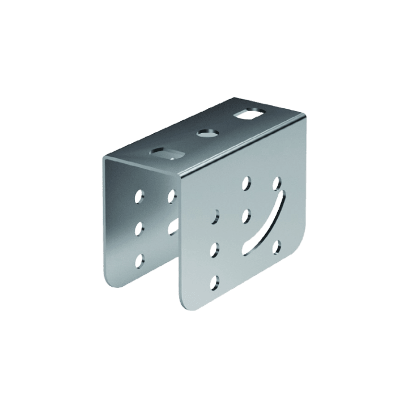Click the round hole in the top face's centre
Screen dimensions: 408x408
click(207, 134)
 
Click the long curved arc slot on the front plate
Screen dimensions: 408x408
click(267, 224)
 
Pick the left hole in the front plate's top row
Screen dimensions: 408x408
click(246, 182)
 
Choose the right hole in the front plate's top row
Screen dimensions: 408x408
click(277, 183)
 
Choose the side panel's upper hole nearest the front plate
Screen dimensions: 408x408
click(170, 195)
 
